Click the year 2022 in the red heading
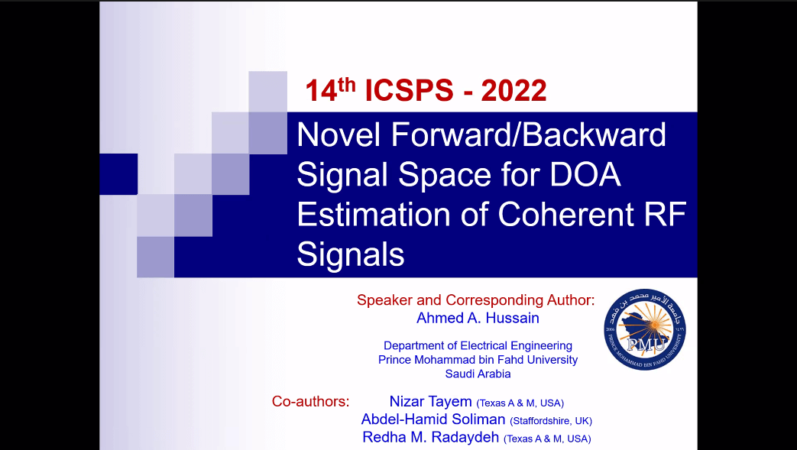click(514, 90)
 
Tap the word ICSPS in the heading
click(409, 90)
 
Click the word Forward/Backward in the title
click(528, 134)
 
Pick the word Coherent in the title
click(565, 214)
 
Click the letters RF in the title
click(666, 214)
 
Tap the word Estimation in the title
click(374, 214)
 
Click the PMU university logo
click(644, 329)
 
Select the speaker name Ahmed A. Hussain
click(478, 318)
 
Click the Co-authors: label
click(310, 401)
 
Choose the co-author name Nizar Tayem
click(430, 401)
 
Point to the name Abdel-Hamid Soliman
click(433, 419)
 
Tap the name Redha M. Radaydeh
click(430, 437)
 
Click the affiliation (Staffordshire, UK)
click(551, 421)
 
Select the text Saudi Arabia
click(478, 374)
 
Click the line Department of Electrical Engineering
click(478, 346)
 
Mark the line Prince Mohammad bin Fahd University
click(478, 360)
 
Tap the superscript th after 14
click(347, 84)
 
